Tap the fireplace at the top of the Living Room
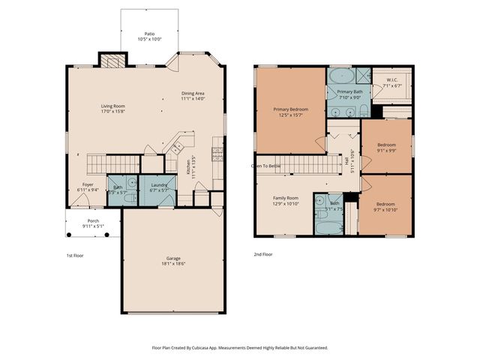click(x=112, y=61)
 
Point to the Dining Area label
click(x=193, y=94)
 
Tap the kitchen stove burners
click(x=217, y=154)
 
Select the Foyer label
click(x=88, y=184)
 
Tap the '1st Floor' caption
click(x=75, y=255)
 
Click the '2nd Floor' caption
click(x=262, y=254)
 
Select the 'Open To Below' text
click(x=266, y=166)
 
